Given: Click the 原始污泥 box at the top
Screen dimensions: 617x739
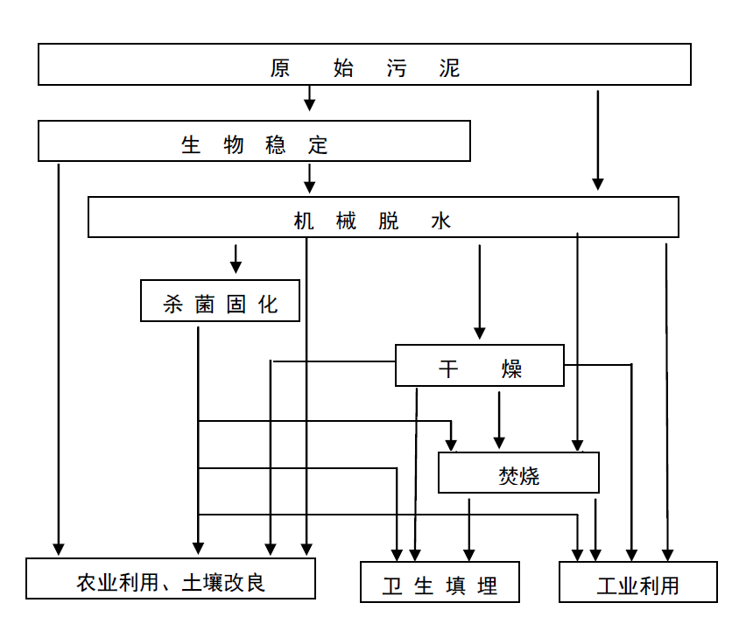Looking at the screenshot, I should point(364,65).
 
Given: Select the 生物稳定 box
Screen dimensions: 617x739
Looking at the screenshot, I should point(254,141).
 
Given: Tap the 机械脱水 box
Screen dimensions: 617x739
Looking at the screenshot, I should point(384,217).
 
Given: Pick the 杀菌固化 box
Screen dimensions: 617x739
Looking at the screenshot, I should point(220,301).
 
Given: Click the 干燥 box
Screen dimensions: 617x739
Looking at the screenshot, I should point(480,365).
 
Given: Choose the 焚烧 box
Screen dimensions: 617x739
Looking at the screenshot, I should point(518,473).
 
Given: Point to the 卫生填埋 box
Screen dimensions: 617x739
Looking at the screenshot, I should point(440,583).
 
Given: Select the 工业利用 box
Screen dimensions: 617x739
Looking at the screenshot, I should point(637,582).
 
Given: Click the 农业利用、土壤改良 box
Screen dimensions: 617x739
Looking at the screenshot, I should point(170,579).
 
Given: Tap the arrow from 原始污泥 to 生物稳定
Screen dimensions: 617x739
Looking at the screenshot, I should point(309,100).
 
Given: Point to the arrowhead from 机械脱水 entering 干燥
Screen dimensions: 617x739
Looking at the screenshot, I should point(479,332).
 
